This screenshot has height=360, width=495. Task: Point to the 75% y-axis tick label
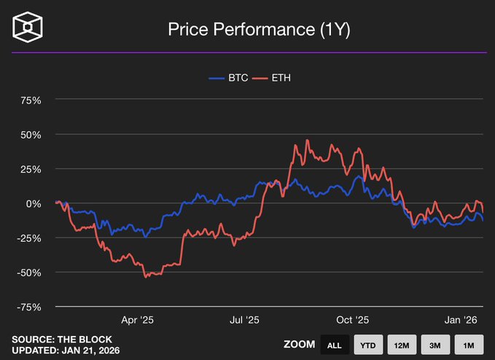[x=29, y=100]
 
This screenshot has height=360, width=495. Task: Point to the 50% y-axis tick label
[x=29, y=135]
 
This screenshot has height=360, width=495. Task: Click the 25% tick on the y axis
[x=29, y=169]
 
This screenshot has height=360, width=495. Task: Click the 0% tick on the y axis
[x=34, y=203]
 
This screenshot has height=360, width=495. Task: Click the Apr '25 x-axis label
[x=138, y=320]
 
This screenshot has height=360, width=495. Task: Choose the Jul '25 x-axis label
[x=244, y=320]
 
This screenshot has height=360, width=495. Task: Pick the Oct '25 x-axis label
[x=354, y=320]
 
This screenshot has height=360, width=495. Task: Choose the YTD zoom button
[x=367, y=345]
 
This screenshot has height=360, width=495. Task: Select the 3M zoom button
[x=434, y=345]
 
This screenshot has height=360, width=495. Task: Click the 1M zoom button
[x=468, y=345]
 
